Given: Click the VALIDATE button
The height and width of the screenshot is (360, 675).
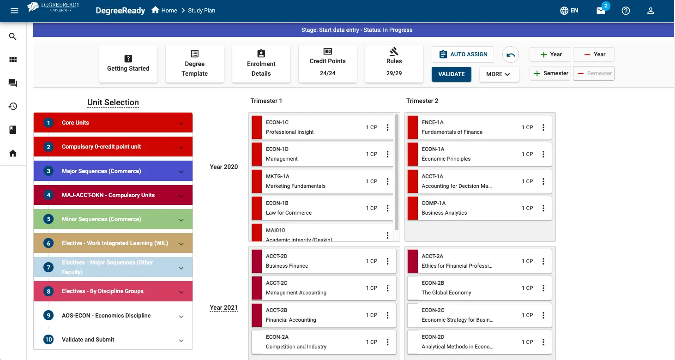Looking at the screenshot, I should [x=451, y=74].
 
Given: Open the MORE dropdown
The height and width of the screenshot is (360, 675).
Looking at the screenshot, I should [x=499, y=74].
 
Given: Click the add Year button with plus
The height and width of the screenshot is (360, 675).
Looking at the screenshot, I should [x=550, y=54].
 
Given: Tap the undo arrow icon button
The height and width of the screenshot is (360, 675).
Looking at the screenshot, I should [x=511, y=55].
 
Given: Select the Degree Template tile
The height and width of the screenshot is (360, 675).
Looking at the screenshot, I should [x=194, y=64].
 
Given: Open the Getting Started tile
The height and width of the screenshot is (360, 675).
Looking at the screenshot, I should [x=128, y=64].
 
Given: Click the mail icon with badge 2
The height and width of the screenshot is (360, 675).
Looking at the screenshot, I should [x=601, y=11].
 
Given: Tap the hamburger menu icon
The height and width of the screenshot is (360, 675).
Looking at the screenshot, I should [x=14, y=11].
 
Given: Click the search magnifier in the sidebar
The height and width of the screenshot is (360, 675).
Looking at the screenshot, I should [x=13, y=36].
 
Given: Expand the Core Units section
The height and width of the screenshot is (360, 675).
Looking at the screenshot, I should [x=113, y=123].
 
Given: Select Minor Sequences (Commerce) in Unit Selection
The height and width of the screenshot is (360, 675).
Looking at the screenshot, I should [x=113, y=219].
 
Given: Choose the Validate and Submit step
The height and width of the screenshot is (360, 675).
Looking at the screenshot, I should [x=113, y=340].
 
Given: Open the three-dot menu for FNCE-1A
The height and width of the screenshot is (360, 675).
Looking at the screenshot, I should [x=543, y=127].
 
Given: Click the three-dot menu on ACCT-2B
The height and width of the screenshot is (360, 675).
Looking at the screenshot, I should [x=387, y=315].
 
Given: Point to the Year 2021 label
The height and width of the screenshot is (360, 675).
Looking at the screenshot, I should [x=224, y=308].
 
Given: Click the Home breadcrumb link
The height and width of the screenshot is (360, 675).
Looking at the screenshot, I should [x=164, y=11].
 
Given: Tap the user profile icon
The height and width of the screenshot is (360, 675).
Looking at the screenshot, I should [x=651, y=11].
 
